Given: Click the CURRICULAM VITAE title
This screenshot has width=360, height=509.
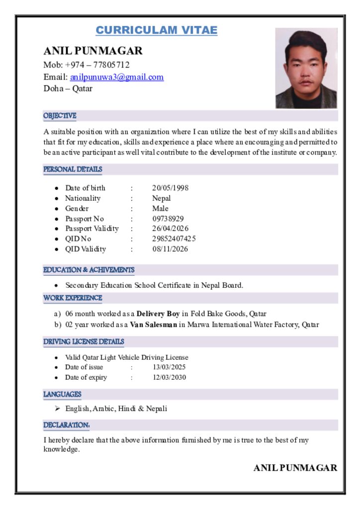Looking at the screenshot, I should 156,30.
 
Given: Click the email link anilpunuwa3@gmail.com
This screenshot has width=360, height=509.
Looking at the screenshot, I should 117,77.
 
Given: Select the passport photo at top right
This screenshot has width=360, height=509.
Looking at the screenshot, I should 306,68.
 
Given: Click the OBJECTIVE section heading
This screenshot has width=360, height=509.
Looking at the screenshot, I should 60,116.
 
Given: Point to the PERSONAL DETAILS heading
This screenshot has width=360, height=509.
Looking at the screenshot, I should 73,170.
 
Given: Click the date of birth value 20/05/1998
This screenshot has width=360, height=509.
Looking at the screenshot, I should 170,188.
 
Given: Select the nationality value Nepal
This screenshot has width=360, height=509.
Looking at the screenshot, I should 161,198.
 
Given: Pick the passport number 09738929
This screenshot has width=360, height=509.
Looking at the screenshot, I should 168,219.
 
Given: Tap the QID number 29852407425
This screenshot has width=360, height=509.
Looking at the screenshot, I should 174,239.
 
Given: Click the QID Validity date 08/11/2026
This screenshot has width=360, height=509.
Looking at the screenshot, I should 170,249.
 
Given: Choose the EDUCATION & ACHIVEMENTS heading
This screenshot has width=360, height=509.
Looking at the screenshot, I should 89,270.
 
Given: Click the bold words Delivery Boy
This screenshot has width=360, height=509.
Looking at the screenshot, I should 158,314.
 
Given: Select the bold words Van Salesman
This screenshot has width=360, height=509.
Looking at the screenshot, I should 154,325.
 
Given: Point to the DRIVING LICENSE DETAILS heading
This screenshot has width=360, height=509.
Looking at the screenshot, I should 84,342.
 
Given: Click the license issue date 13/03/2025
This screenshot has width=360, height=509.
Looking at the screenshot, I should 169,367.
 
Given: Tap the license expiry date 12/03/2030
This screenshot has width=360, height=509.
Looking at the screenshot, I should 169,377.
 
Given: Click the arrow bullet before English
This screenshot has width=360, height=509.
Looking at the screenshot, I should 58,409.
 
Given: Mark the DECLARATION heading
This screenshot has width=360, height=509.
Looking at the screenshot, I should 66,425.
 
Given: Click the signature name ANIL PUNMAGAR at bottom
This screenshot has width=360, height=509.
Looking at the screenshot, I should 295,468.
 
